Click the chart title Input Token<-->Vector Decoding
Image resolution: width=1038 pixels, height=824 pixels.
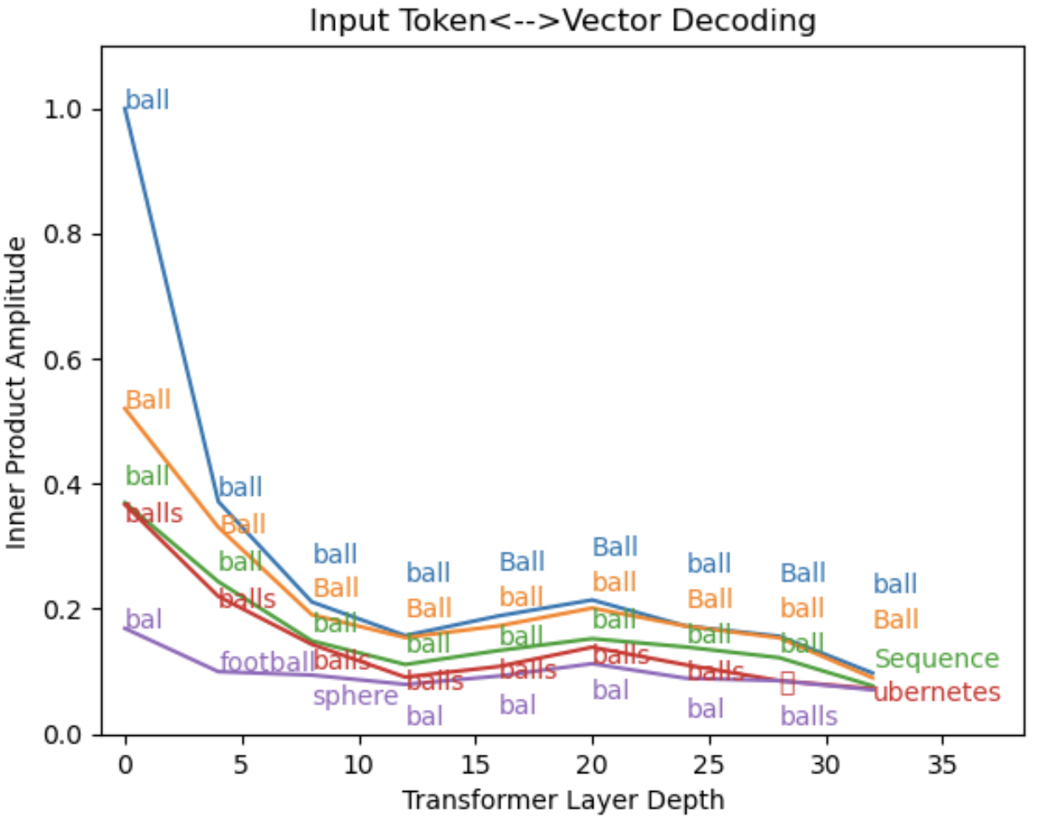(562, 20)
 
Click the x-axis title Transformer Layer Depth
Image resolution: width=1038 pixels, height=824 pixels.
(562, 799)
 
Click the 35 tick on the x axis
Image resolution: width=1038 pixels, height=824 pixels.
(942, 765)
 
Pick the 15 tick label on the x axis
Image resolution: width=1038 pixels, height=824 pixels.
(475, 765)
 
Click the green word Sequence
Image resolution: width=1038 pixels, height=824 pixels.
(937, 659)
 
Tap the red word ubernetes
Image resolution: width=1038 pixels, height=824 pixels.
(937, 694)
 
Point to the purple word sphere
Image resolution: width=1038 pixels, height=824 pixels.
(355, 696)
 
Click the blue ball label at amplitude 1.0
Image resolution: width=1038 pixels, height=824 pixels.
(147, 101)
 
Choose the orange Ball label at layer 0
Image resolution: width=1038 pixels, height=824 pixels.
(148, 400)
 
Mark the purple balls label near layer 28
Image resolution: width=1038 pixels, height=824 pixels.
(808, 717)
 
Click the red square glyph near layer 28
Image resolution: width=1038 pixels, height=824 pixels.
(787, 684)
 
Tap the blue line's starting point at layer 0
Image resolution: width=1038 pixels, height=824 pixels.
(125, 109)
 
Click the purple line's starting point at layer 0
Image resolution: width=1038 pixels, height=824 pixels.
(125, 628)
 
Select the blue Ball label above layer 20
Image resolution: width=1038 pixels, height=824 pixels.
(615, 547)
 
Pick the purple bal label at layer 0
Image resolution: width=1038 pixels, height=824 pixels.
(143, 619)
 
